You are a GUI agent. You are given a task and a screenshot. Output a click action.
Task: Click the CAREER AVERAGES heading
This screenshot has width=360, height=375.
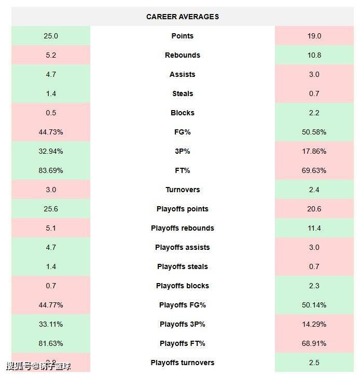[x=183, y=17]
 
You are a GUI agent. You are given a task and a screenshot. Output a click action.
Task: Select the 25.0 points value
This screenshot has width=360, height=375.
[x=51, y=36]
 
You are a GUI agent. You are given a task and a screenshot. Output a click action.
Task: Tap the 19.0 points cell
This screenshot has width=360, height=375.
[x=314, y=36]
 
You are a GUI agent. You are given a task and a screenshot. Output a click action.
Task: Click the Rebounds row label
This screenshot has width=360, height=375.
[x=183, y=55]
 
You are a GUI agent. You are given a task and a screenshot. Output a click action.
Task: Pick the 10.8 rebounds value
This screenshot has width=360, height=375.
[x=314, y=55]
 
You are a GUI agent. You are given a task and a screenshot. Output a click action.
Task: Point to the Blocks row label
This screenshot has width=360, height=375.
[x=183, y=113]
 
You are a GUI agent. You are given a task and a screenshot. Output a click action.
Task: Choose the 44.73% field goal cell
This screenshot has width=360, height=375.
[x=51, y=132]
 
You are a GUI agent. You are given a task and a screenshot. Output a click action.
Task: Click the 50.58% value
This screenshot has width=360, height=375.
[x=314, y=132]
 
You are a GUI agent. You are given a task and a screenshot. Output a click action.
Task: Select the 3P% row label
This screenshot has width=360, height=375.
[x=183, y=151]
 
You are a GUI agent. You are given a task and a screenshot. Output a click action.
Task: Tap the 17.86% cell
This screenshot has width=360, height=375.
[x=314, y=151]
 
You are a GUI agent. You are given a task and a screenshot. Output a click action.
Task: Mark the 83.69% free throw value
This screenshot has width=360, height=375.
[x=51, y=170]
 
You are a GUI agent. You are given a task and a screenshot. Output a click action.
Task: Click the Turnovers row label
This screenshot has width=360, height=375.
[x=183, y=190]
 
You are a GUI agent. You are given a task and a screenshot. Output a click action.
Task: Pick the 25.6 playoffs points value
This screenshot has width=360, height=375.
[x=51, y=209]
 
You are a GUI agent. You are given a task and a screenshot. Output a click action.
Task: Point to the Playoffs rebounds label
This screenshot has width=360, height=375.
[x=183, y=228]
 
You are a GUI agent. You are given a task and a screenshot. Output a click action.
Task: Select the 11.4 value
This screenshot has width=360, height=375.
[x=314, y=228]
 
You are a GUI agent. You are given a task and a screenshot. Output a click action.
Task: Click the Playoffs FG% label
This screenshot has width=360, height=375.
[x=183, y=305]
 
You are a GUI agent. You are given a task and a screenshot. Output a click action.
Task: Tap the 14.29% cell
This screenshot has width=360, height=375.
[x=314, y=324]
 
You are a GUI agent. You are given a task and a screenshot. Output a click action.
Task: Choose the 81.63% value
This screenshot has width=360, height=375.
[x=51, y=343]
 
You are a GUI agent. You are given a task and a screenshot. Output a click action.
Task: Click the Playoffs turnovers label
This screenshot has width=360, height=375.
[x=183, y=363]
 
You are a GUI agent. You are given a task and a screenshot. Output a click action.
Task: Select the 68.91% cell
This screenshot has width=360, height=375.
[x=314, y=343]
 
